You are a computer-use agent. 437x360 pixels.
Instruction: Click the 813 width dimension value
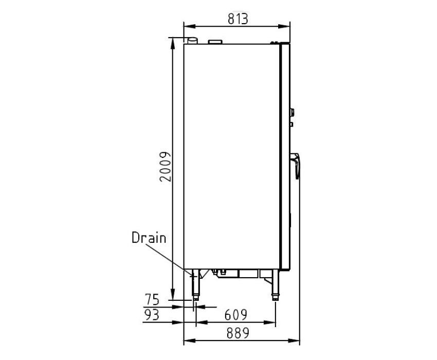[238, 19]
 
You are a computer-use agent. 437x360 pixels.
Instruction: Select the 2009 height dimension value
[165, 167]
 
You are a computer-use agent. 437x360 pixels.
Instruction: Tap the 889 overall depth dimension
[238, 333]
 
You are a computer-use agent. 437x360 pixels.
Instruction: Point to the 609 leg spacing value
[236, 315]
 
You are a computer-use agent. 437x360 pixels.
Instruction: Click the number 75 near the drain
[152, 299]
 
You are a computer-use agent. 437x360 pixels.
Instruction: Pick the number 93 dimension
[152, 315]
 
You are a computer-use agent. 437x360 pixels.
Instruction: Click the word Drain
[149, 238]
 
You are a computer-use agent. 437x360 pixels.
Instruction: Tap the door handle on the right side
[295, 165]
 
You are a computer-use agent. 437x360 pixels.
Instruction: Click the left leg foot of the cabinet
[196, 297]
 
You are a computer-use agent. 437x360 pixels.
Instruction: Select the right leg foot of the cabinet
[276, 297]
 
